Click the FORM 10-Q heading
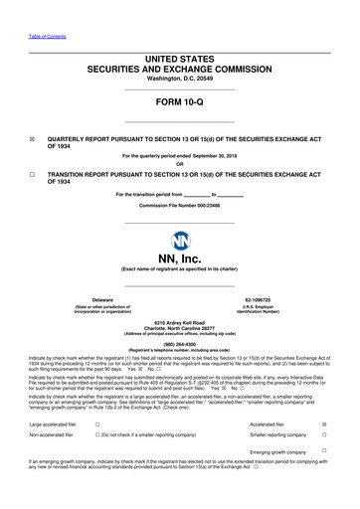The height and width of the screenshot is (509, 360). coord(180,102)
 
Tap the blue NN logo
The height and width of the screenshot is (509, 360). coord(180,241)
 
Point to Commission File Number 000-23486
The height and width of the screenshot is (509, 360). coord(179,204)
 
